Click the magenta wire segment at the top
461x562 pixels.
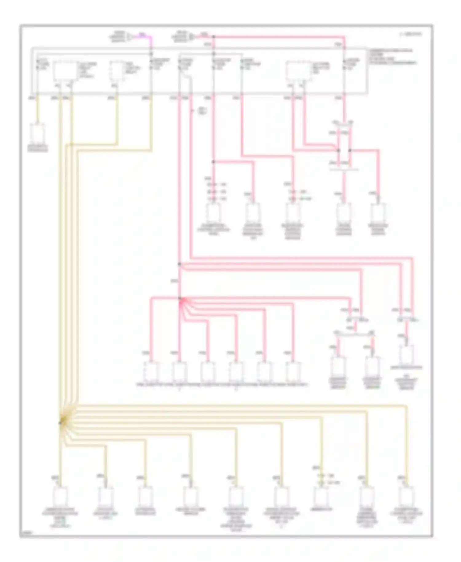tap(147, 37)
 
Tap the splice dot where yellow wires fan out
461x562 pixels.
tap(61, 423)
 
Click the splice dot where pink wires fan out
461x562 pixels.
tap(180, 298)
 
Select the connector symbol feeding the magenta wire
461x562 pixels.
tap(130, 37)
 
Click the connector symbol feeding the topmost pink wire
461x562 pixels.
tap(192, 37)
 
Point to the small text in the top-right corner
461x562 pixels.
tap(411, 34)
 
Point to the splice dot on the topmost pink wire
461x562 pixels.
tap(214, 37)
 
